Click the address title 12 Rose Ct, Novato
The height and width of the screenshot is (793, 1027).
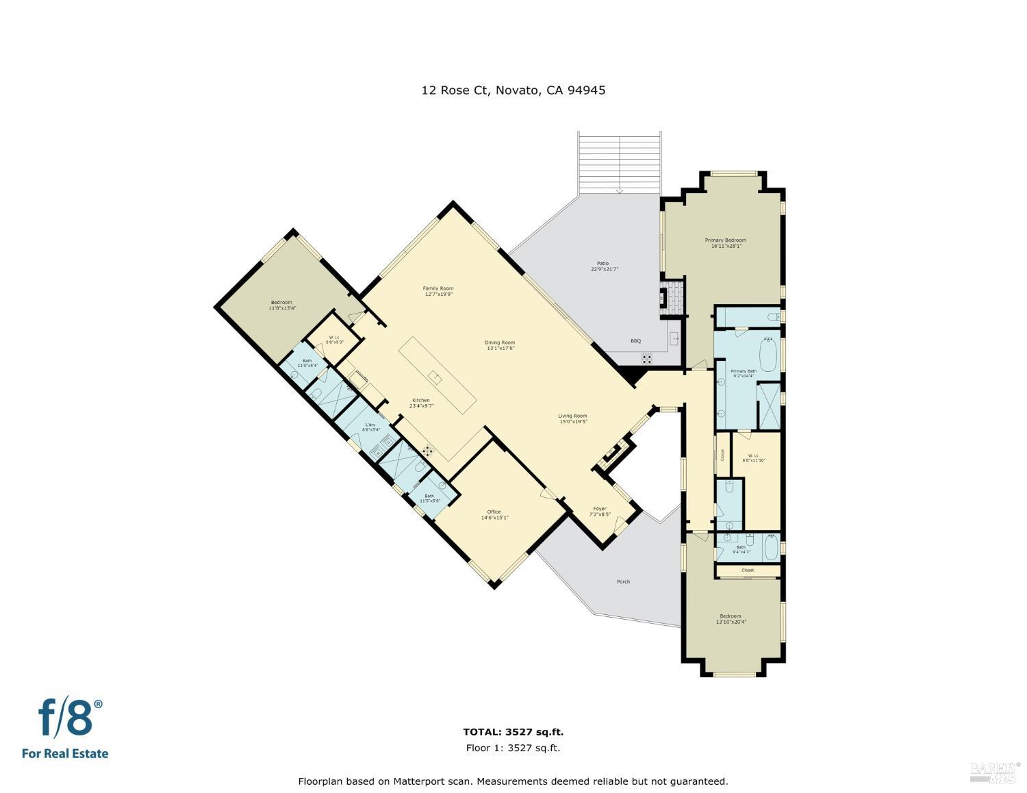[513, 90]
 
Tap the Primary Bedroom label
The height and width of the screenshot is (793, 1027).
[725, 240]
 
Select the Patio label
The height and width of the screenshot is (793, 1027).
[603, 263]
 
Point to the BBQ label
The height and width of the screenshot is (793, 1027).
[635, 340]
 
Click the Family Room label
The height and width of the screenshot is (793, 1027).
[438, 288]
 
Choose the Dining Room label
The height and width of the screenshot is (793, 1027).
[500, 342]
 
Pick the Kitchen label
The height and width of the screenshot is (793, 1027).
[420, 401]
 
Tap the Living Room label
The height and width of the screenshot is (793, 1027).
[572, 416]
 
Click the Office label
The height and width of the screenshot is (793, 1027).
[494, 512]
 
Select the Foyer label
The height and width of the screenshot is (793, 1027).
[600, 509]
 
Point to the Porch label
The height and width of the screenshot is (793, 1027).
[622, 581]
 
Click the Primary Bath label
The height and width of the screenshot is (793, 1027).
[744, 371]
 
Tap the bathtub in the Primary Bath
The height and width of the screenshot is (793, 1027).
[769, 353]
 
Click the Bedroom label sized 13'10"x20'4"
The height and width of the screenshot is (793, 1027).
[730, 616]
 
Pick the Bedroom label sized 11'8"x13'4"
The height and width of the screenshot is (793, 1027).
[281, 303]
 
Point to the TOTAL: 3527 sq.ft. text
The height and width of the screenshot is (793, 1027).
[513, 732]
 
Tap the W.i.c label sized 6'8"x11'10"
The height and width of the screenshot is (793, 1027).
[753, 456]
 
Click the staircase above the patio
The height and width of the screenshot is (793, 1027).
[620, 162]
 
